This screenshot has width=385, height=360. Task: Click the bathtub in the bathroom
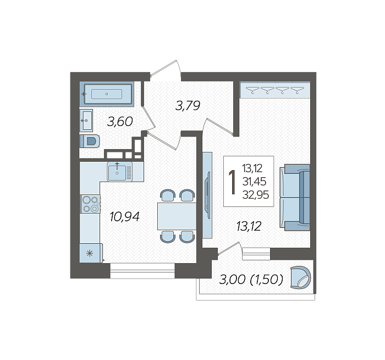pos(107,94)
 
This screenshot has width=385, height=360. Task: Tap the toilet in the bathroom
pos(90,141)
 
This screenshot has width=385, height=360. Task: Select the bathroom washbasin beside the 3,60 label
pos(86,121)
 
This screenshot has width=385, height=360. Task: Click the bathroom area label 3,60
pos(120,122)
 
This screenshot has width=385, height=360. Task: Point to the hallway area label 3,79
pos(188,106)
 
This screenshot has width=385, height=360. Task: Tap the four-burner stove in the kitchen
pos(90,204)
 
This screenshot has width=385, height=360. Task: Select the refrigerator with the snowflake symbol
pos(90,253)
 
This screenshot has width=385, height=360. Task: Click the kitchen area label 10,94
pos(124,217)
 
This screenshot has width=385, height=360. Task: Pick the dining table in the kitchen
pos(177,216)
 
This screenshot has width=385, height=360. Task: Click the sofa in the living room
pos(295,198)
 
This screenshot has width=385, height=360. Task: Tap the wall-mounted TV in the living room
pos(208,195)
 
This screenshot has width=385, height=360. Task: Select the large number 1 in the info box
pos(232,182)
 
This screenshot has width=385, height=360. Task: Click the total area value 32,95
pos(256,195)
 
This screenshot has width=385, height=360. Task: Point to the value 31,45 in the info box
pos(254,182)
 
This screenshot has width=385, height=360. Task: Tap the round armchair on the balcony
pos(300,277)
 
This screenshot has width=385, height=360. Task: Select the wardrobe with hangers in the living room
pos(275,90)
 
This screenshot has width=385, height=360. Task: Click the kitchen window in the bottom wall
pos(142,271)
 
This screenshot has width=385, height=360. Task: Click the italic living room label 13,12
pos(249,226)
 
